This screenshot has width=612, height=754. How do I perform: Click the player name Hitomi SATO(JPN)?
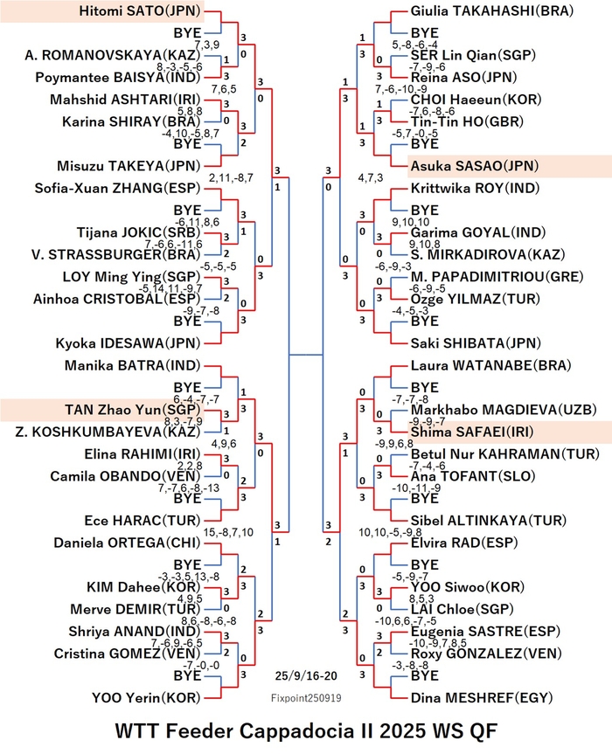pyautogui.click(x=141, y=11)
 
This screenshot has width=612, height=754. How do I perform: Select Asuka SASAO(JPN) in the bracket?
pyautogui.click(x=475, y=166)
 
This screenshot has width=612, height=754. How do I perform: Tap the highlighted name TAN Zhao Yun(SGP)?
pyautogui.click(x=132, y=410)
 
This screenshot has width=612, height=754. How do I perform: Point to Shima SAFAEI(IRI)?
pyautogui.click(x=472, y=432)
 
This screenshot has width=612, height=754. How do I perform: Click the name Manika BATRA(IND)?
pyautogui.click(x=132, y=365)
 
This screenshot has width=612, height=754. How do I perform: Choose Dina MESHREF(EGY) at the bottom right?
pyautogui.click(x=482, y=698)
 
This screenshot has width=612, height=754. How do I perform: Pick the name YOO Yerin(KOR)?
pyautogui.click(x=146, y=698)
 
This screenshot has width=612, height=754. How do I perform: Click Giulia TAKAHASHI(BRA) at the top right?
pyautogui.click(x=492, y=11)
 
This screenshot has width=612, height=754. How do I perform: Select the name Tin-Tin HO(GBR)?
pyautogui.click(x=467, y=121)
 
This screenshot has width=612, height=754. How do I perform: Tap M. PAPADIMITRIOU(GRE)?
pyautogui.click(x=497, y=277)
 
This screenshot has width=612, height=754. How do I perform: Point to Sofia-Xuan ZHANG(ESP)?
pyautogui.click(x=117, y=188)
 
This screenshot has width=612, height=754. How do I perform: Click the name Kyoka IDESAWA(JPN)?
pyautogui.click(x=128, y=343)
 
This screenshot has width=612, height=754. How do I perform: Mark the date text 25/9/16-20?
pyautogui.click(x=306, y=675)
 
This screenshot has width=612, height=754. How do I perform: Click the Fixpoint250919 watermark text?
pyautogui.click(x=306, y=698)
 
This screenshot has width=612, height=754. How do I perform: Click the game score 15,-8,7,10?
pyautogui.click(x=228, y=532)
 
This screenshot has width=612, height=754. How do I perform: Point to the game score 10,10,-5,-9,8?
pyautogui.click(x=390, y=532)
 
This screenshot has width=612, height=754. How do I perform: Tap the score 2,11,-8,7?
pyautogui.click(x=231, y=178)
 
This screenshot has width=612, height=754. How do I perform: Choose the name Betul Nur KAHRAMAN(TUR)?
pyautogui.click(x=504, y=454)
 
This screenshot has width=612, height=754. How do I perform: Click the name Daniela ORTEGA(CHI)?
pyautogui.click(x=127, y=543)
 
